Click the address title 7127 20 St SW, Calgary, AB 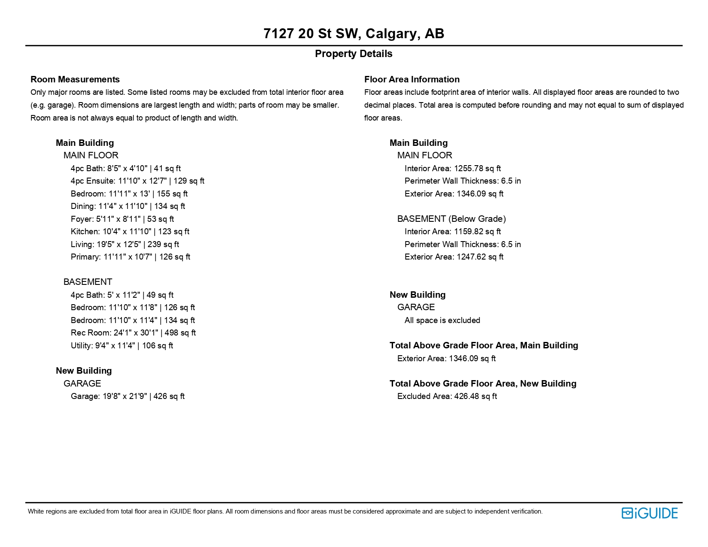pyautogui.click(x=354, y=33)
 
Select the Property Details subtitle pyautogui.click(x=354, y=54)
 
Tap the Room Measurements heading pyautogui.click(x=75, y=79)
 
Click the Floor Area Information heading pyautogui.click(x=411, y=79)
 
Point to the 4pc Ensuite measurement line pyautogui.click(x=137, y=181)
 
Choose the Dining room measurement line pyautogui.click(x=128, y=206)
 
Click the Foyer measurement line pyautogui.click(x=122, y=219)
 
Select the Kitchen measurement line pyautogui.click(x=130, y=232)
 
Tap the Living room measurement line pyautogui.click(x=125, y=245)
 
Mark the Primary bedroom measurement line pyautogui.click(x=130, y=257)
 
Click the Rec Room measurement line pyautogui.click(x=133, y=333)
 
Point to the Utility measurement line pyautogui.click(x=122, y=346)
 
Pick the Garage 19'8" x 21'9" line pyautogui.click(x=127, y=396)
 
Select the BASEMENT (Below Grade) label pyautogui.click(x=451, y=219)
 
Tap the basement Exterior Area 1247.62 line pyautogui.click(x=454, y=257)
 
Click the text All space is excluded pyautogui.click(x=442, y=320)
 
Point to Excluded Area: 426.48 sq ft pyautogui.click(x=447, y=396)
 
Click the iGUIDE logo pyautogui.click(x=649, y=513)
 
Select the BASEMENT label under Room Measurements pyautogui.click(x=88, y=282)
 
